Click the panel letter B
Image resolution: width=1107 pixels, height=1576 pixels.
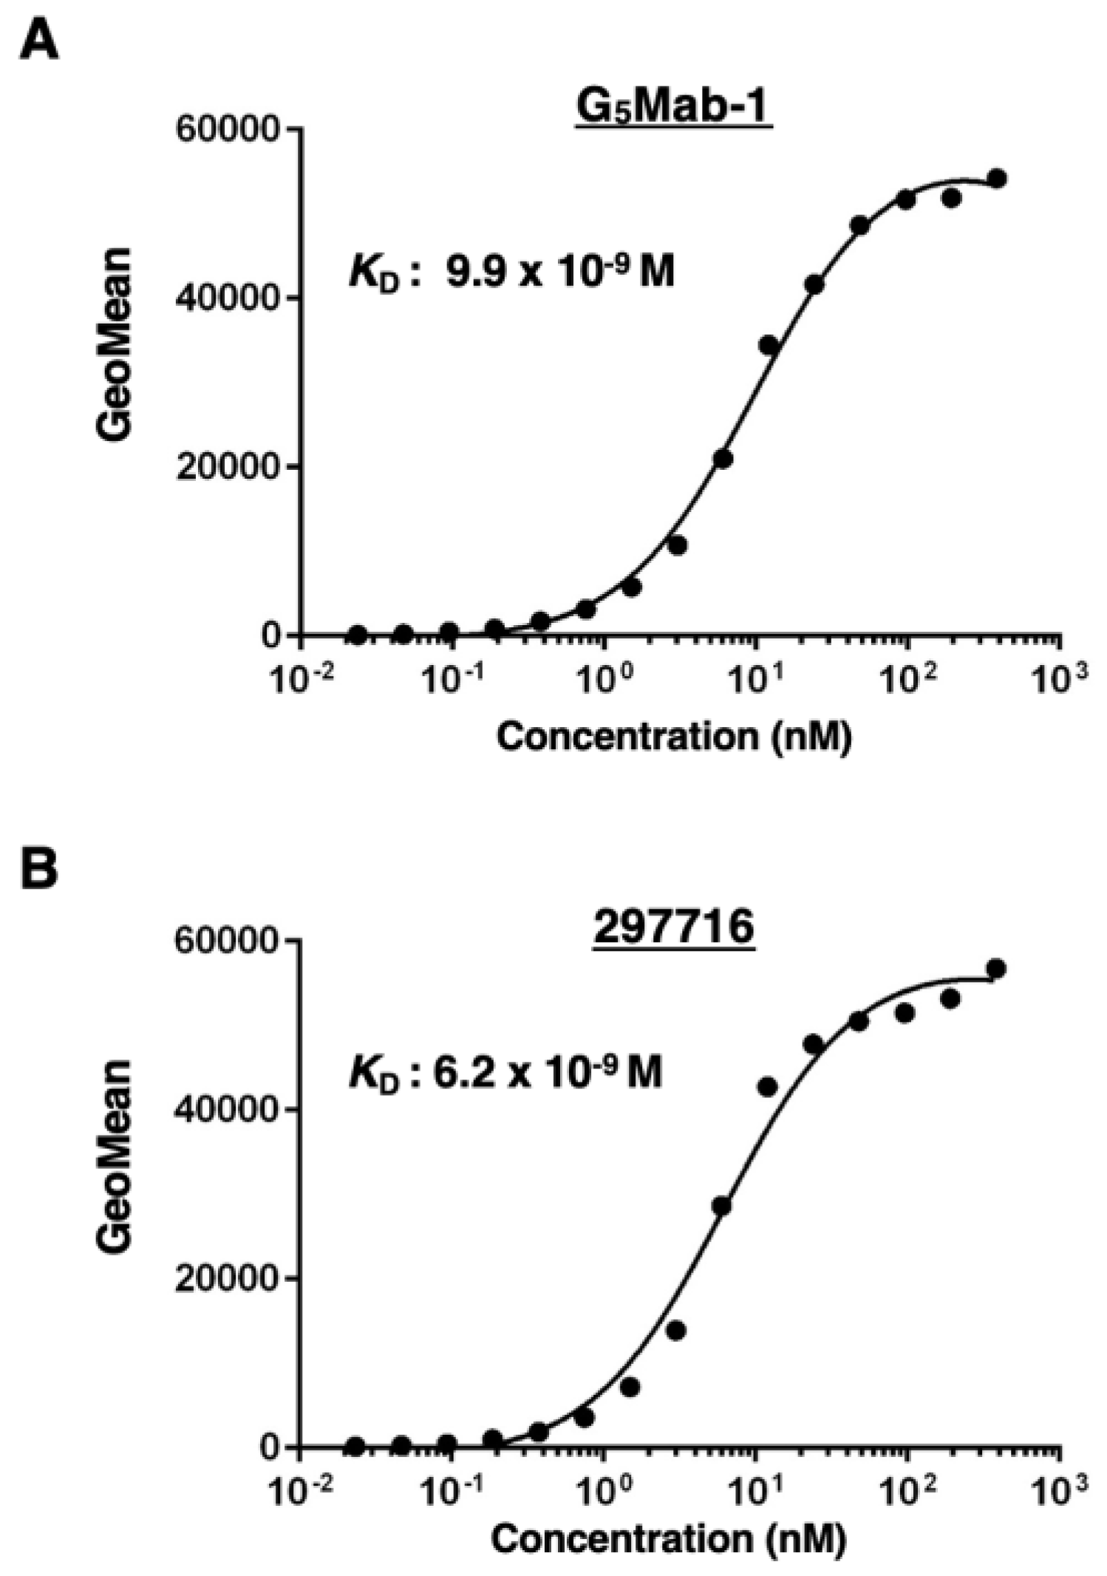[x=39, y=869]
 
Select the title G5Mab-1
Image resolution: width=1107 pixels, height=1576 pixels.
[x=673, y=109]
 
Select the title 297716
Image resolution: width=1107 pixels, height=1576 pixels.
[x=673, y=927]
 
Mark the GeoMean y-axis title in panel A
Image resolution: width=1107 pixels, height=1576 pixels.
[x=115, y=344]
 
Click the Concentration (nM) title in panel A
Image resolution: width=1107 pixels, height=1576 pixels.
[x=673, y=737]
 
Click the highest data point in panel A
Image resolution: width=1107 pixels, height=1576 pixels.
[x=997, y=178]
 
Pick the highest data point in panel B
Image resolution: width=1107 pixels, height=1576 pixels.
[x=996, y=969]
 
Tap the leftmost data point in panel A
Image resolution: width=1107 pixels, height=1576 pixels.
[x=358, y=634]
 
